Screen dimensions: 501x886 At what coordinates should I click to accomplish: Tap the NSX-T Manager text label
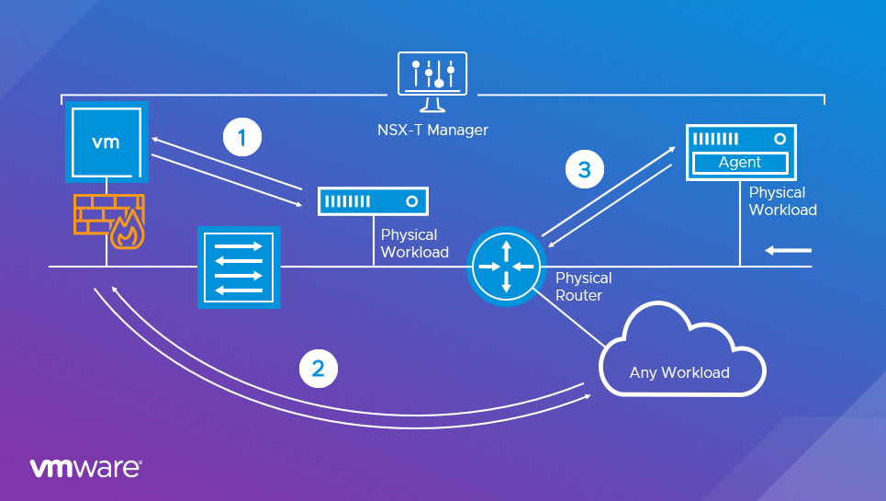(x=432, y=130)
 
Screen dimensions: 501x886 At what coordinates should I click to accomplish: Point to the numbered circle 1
(x=242, y=138)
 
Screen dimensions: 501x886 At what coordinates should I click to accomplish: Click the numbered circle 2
(x=319, y=369)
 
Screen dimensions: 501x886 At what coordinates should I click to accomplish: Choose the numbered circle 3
(x=584, y=169)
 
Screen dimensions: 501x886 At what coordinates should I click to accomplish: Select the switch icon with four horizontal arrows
(x=237, y=268)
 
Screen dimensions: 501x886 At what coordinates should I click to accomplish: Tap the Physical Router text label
(x=583, y=286)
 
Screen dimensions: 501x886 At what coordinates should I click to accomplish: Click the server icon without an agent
(x=374, y=200)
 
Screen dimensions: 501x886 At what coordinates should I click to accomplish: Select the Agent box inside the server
(x=739, y=163)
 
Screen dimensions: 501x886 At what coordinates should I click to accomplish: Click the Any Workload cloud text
(x=679, y=372)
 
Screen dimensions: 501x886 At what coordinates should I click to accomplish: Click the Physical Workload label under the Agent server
(x=782, y=201)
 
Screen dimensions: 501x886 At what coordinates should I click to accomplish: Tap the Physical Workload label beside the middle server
(x=414, y=244)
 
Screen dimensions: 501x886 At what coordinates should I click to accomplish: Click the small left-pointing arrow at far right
(x=791, y=249)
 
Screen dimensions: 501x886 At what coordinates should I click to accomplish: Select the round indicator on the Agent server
(x=779, y=139)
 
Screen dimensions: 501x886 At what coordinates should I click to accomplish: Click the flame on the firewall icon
(x=126, y=233)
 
